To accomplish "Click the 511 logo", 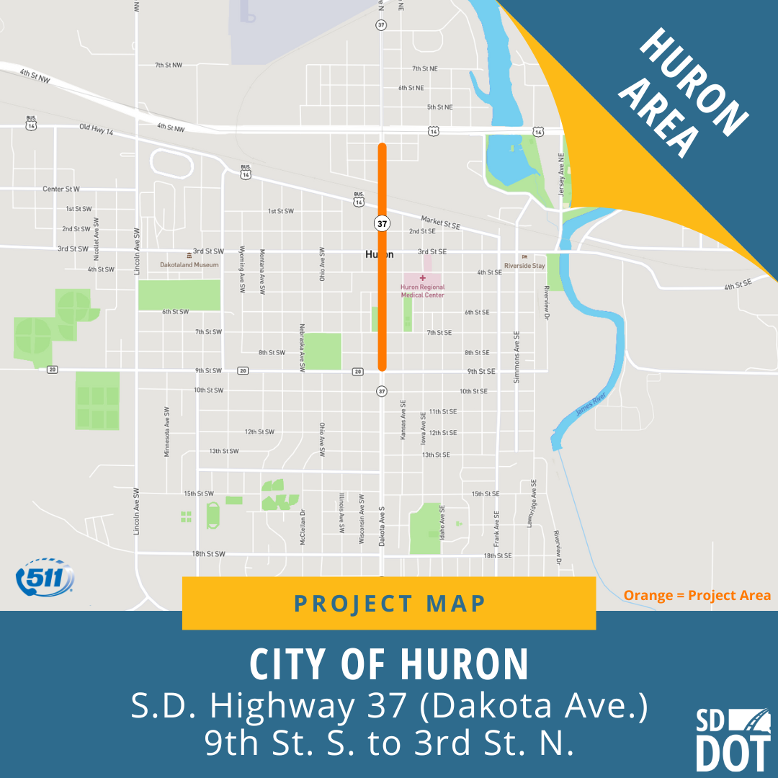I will tap(45, 578).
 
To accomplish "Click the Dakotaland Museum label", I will tap(189, 264).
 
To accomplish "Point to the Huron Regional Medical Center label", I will tap(422, 290).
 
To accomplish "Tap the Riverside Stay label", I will tap(524, 266).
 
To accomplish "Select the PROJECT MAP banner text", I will tap(389, 603).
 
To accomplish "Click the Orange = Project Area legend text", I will tap(697, 595).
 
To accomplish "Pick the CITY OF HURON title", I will tap(389, 664).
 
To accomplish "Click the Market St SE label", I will tap(440, 224).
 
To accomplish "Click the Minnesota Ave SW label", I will tap(166, 432).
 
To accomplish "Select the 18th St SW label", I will tap(208, 554).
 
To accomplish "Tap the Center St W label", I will tap(61, 189).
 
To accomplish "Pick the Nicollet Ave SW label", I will tap(96, 238).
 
